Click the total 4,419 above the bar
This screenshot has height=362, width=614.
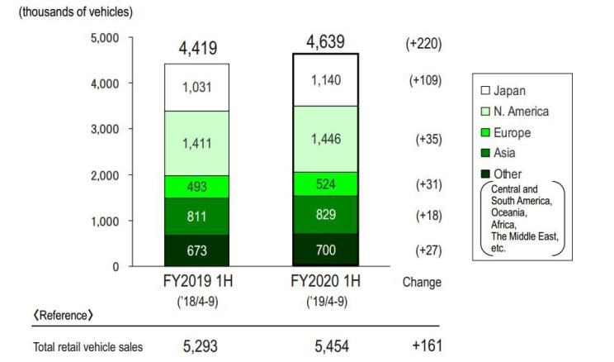[196, 49]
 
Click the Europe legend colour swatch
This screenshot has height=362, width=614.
[487, 132]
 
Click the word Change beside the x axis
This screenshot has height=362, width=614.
[422, 282]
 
